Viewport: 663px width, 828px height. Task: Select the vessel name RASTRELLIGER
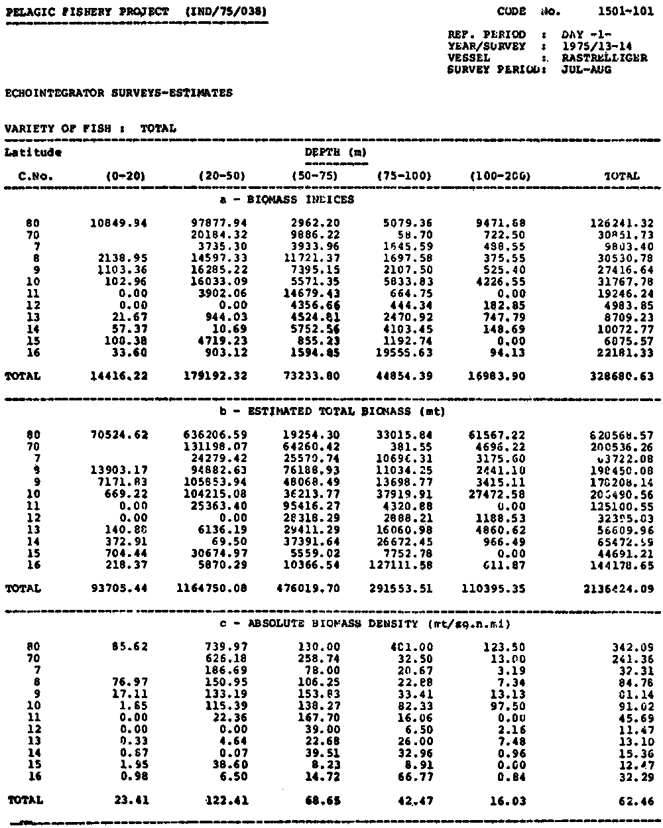click(x=604, y=58)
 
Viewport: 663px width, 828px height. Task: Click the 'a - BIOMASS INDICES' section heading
click(x=286, y=199)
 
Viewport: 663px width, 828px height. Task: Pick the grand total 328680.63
click(x=621, y=376)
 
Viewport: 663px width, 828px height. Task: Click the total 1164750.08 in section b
click(x=213, y=588)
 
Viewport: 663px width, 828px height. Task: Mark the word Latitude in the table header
click(x=33, y=152)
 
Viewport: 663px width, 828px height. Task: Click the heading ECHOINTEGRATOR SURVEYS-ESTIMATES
click(x=119, y=93)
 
